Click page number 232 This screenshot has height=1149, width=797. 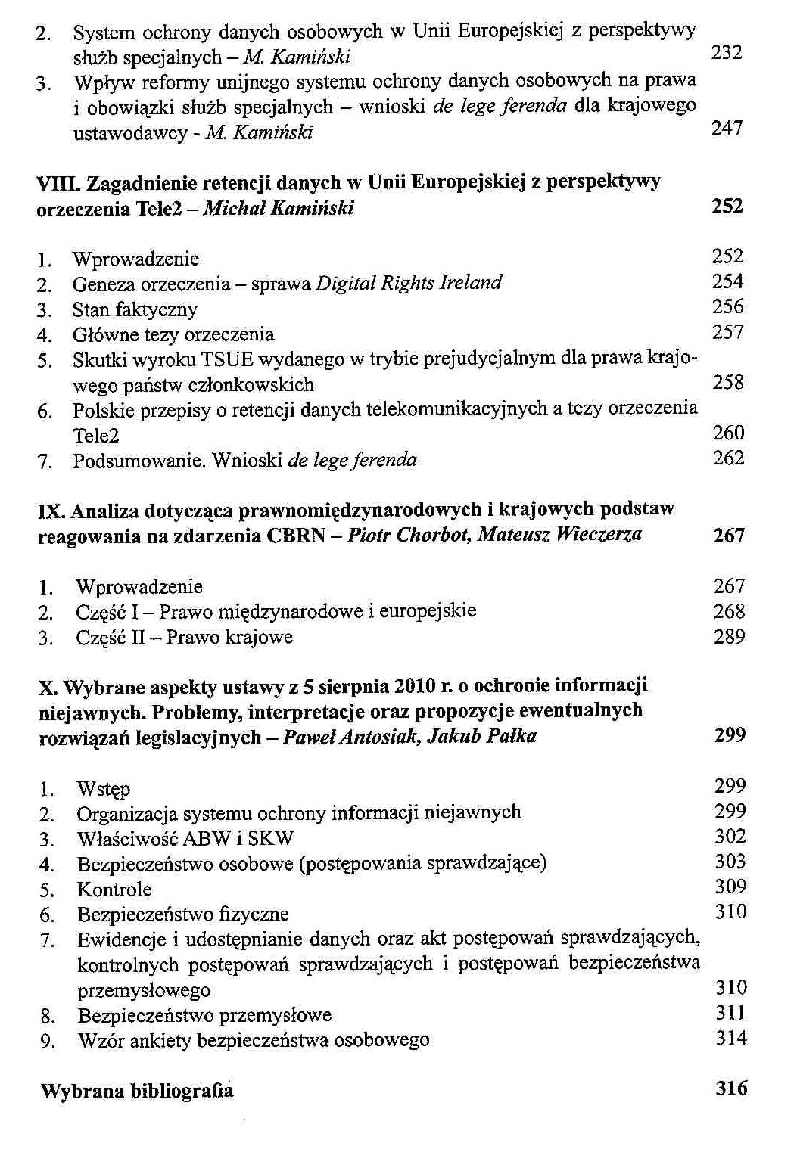click(727, 52)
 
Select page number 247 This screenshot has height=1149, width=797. click(727, 128)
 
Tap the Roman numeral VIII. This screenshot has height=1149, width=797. click(51, 182)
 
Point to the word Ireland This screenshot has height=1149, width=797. click(471, 283)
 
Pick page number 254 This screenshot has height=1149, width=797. click(727, 281)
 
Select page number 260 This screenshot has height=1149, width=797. click(728, 433)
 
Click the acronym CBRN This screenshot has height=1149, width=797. click(295, 536)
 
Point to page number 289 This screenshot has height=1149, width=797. click(729, 636)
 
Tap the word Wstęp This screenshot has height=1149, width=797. click(104, 789)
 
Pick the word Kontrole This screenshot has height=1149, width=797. click(114, 890)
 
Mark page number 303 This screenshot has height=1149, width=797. click(730, 862)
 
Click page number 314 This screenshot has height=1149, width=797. click(730, 1038)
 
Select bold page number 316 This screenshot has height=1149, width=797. click(730, 1088)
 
